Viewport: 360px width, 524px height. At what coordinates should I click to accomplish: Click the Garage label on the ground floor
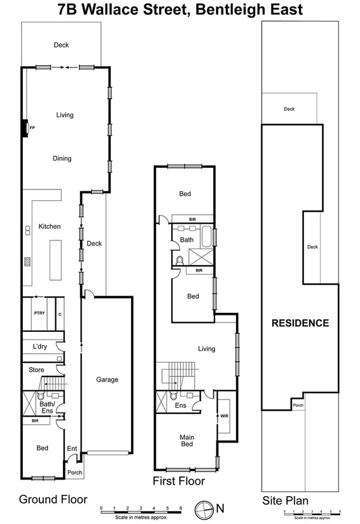click(x=107, y=380)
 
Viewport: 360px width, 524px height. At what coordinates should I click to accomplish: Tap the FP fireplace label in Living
click(x=32, y=128)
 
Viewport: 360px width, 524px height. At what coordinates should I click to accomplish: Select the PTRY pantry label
click(x=38, y=314)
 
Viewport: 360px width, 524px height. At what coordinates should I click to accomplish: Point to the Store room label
click(x=36, y=369)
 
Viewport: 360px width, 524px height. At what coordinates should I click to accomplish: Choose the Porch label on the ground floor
click(x=75, y=472)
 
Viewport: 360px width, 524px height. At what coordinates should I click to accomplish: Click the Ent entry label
click(x=72, y=449)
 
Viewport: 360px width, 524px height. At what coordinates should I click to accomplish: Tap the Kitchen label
click(x=49, y=226)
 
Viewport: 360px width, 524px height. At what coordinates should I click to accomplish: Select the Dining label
click(x=62, y=158)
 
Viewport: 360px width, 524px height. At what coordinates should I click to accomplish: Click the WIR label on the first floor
click(x=225, y=416)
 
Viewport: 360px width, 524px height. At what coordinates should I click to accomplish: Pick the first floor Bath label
click(x=186, y=240)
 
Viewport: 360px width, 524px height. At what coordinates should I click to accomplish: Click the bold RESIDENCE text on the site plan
click(x=300, y=323)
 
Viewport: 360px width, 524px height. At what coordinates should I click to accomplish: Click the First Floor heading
click(x=179, y=481)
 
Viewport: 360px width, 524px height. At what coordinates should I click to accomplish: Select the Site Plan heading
click(x=286, y=500)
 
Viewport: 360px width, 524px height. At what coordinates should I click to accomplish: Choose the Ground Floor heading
click(x=53, y=499)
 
